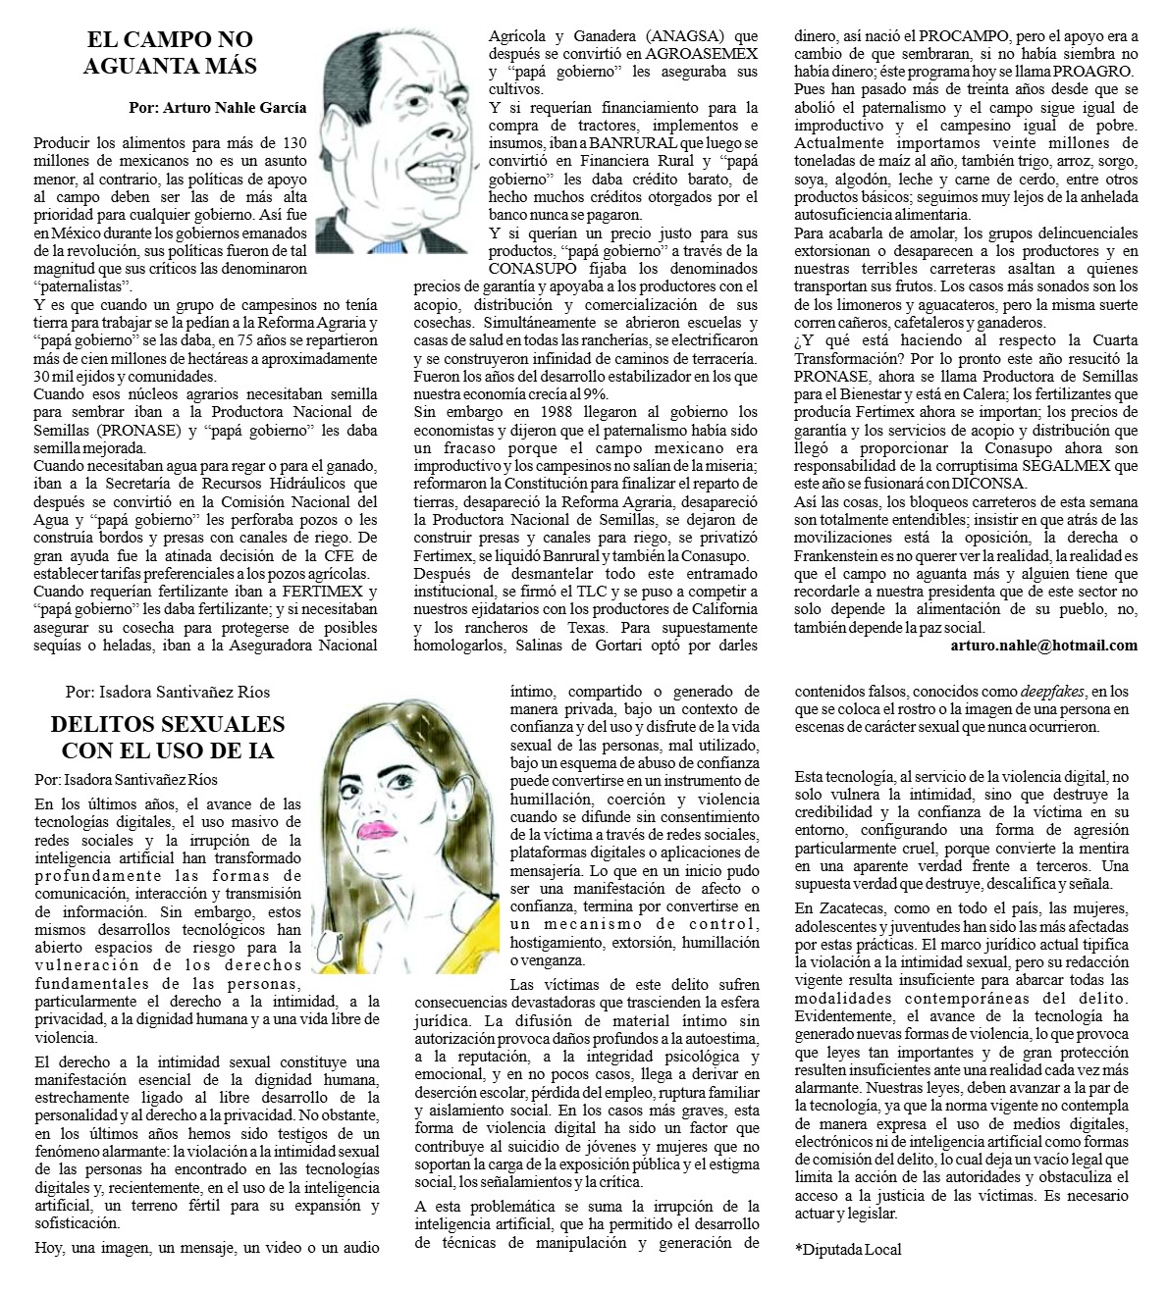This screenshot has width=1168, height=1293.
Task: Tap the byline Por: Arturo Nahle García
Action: pyautogui.click(x=217, y=108)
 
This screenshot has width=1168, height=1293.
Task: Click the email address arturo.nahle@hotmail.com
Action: pyautogui.click(x=1044, y=646)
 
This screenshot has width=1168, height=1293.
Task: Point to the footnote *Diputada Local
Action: pyautogui.click(x=847, y=1250)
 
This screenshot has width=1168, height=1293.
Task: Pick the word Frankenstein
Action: pyautogui.click(x=842, y=554)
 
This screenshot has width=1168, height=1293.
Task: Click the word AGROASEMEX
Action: pyautogui.click(x=707, y=55)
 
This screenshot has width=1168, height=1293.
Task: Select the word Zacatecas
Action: pyautogui.click(x=857, y=907)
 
